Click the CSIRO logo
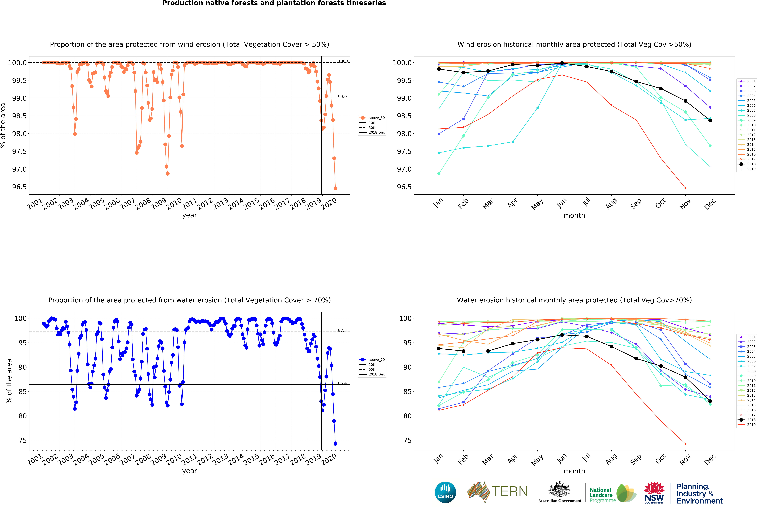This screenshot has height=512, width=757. coord(445,492)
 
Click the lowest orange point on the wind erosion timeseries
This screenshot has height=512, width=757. coord(335,188)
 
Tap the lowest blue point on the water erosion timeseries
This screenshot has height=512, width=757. coord(335,444)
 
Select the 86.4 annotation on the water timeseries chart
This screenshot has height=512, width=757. coord(342,383)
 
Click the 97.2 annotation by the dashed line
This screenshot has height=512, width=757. coord(342,331)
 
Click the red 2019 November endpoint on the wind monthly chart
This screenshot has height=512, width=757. coord(685,188)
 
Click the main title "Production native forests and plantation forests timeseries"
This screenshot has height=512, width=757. coord(274,3)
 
